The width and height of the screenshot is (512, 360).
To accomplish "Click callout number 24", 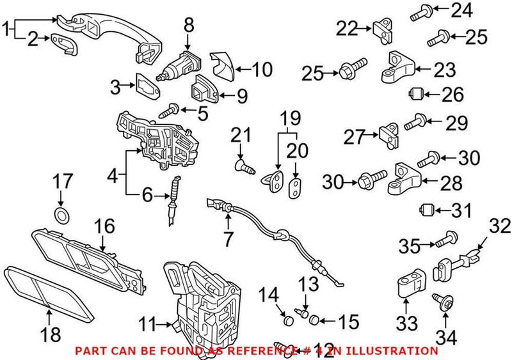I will [478, 10].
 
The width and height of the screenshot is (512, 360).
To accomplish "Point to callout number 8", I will [188, 26].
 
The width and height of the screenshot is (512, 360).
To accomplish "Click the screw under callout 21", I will [244, 168].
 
